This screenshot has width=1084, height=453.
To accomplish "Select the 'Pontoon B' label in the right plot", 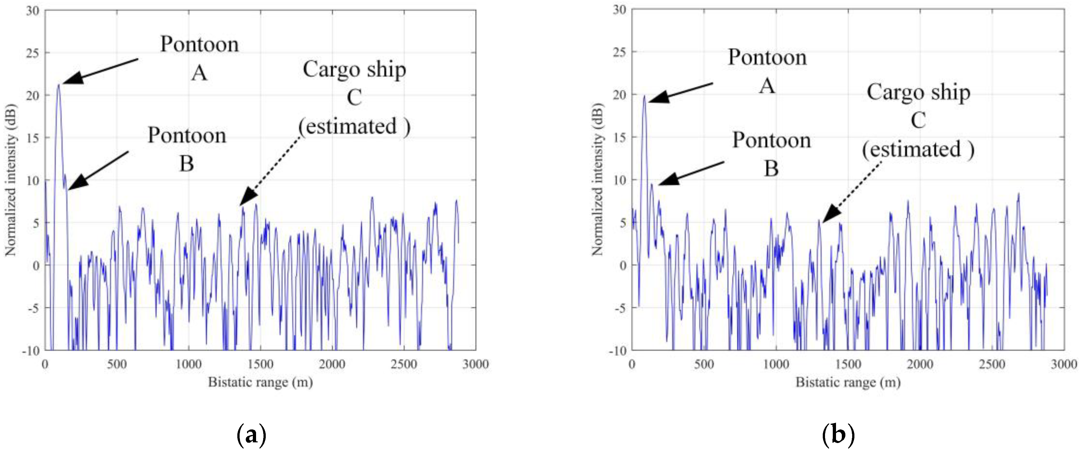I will (771, 154).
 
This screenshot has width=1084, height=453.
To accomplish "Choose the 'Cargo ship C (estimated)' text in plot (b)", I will (918, 121).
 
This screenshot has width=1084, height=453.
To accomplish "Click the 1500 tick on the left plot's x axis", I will (261, 364).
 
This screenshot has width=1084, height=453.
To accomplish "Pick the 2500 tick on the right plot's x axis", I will (992, 364).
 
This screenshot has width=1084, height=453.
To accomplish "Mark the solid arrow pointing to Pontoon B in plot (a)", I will (98, 170).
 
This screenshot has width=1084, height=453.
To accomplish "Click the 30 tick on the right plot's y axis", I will (619, 10).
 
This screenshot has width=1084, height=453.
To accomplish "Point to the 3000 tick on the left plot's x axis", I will (476, 364).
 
